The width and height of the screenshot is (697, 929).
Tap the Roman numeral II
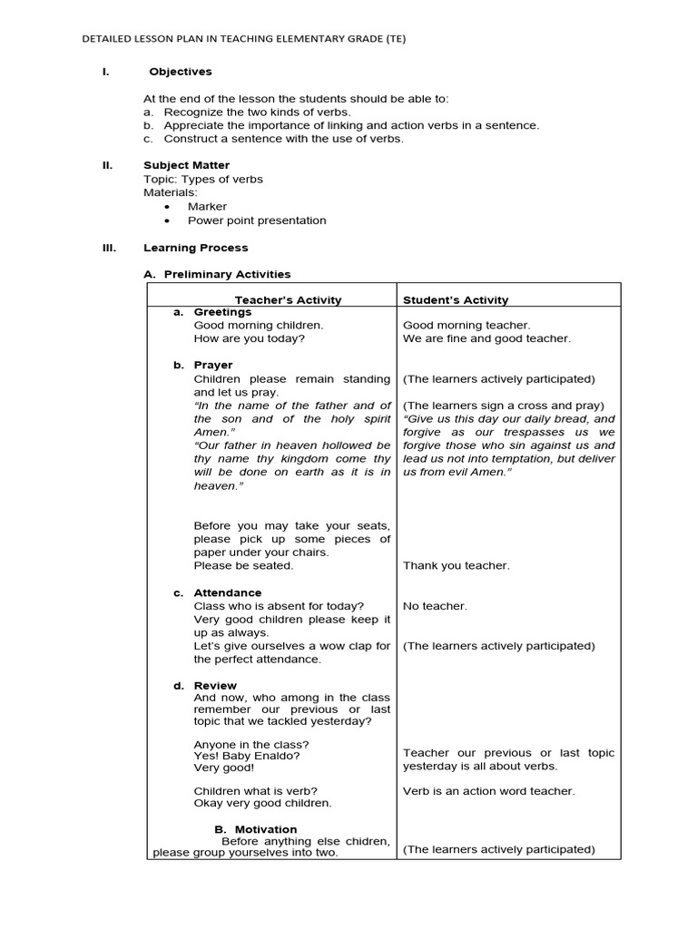pyautogui.click(x=105, y=165)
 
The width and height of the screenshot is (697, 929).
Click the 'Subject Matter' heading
pyautogui.click(x=186, y=165)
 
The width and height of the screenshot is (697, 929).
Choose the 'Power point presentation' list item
pyautogui.click(x=257, y=220)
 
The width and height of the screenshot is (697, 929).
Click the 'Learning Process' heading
pyautogui.click(x=195, y=248)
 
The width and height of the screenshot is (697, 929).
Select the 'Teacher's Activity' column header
pyautogui.click(x=288, y=299)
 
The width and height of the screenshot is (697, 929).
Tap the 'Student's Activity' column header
pyautogui.click(x=456, y=299)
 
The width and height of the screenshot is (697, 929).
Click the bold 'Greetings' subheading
pyautogui.click(x=222, y=312)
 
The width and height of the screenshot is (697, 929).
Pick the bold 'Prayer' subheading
pyautogui.click(x=213, y=365)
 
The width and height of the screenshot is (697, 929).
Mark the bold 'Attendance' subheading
pyautogui.click(x=228, y=592)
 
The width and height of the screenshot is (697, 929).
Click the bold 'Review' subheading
pyautogui.click(x=215, y=685)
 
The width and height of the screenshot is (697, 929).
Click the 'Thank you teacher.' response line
pyautogui.click(x=456, y=565)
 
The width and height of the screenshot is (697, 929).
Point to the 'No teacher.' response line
pyautogui.click(x=435, y=606)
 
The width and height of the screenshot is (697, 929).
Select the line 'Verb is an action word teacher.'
pyautogui.click(x=488, y=791)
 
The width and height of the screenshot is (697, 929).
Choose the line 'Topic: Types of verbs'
pyautogui.click(x=203, y=180)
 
